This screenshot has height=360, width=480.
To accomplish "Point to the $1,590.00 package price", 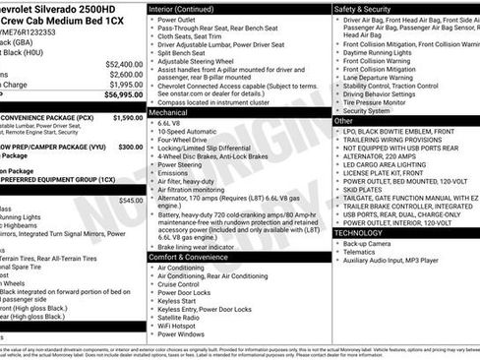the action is click(127, 117).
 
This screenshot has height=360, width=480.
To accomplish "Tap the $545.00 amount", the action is click(130, 200).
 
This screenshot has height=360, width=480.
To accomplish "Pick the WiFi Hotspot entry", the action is click(180, 326).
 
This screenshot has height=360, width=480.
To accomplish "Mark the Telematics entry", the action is click(365, 251).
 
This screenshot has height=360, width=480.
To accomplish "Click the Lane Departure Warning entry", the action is click(384, 77).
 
